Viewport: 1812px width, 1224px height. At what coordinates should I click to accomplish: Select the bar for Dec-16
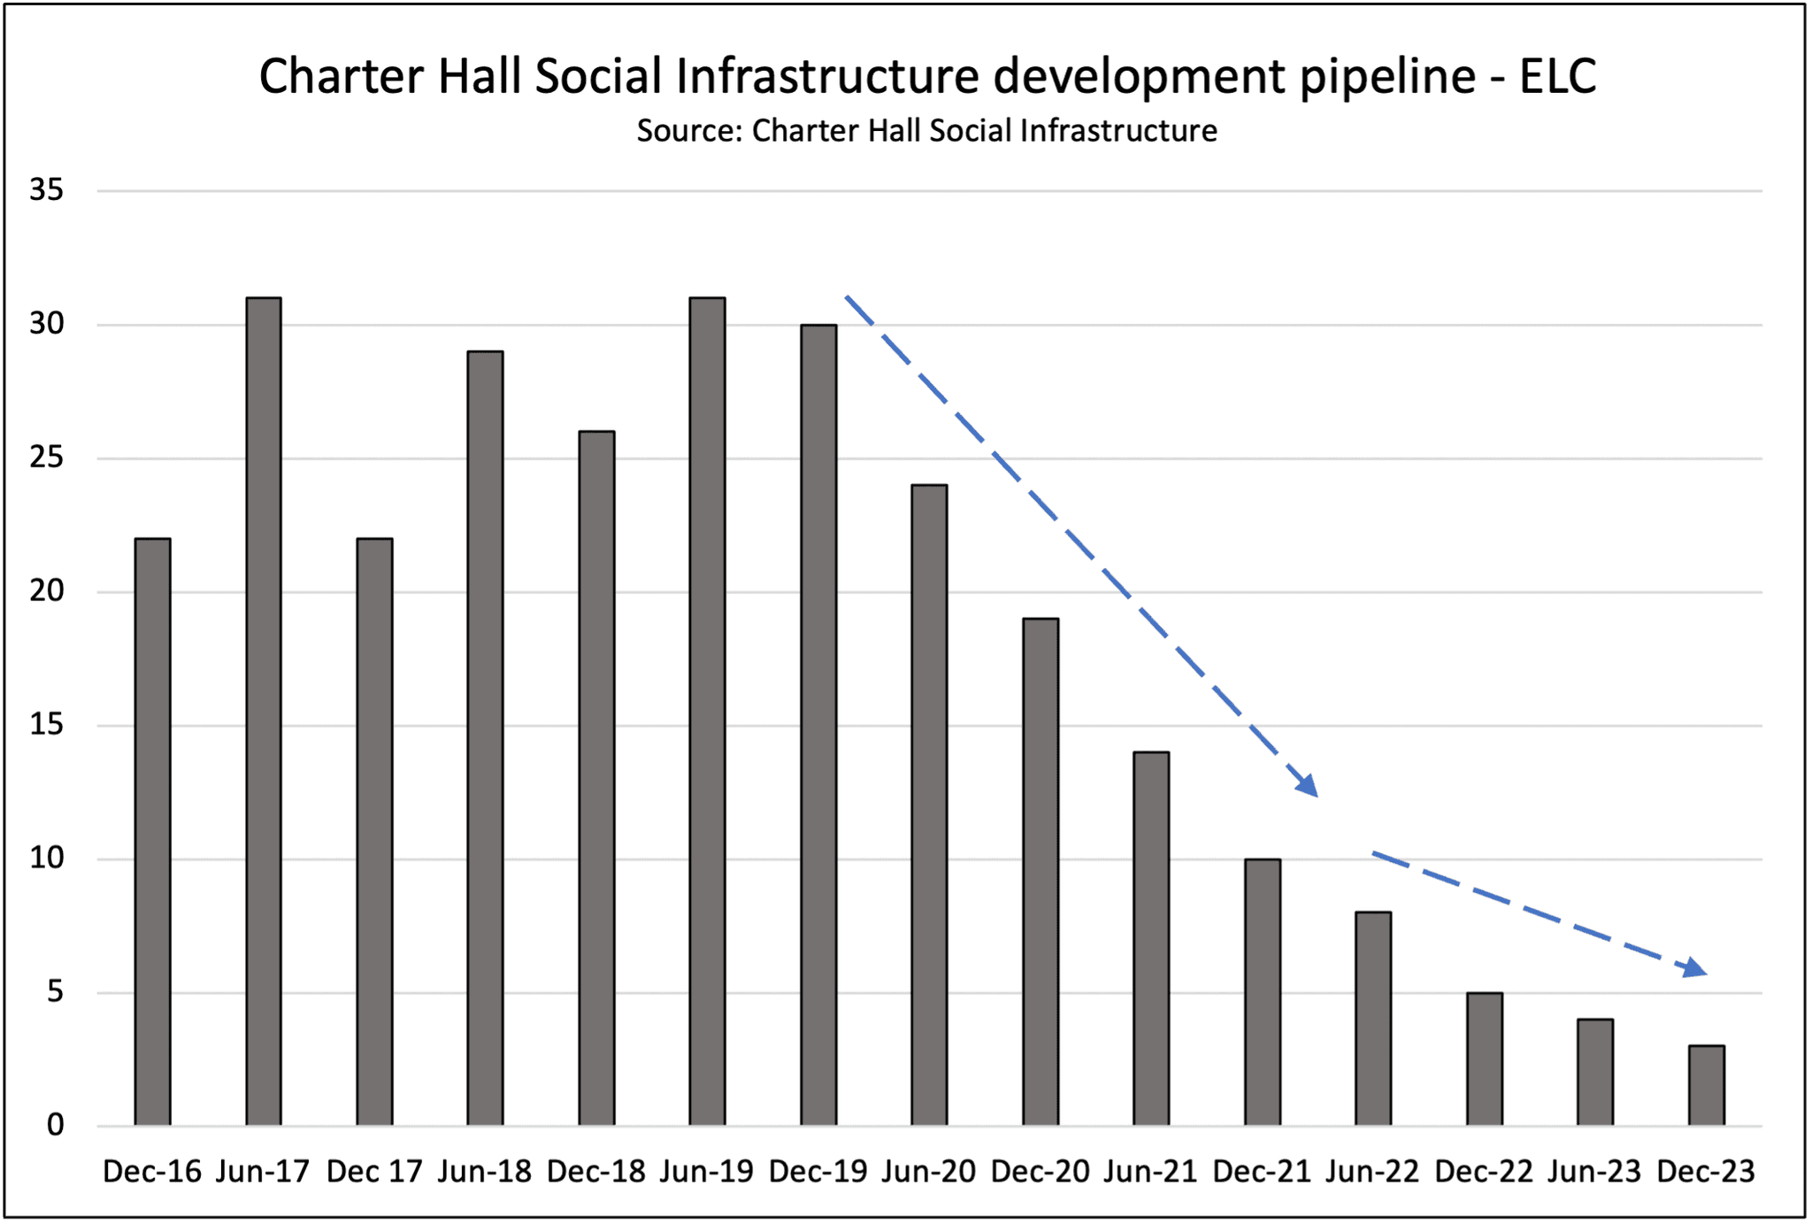coord(152,832)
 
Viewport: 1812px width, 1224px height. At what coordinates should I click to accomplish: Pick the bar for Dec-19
coord(818,725)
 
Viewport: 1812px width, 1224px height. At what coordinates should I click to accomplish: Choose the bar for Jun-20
coord(929,805)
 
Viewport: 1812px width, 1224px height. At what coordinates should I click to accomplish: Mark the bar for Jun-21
coord(1151,938)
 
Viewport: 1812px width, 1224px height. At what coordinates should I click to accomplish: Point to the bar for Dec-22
coord(1485,1058)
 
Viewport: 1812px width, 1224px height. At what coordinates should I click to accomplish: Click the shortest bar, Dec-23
coord(1707,1086)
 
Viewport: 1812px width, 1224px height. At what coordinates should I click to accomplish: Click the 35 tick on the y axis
coord(47,189)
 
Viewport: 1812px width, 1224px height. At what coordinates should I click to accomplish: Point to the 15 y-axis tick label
coord(47,725)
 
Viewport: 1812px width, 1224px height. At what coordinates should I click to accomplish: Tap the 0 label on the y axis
coord(56,1126)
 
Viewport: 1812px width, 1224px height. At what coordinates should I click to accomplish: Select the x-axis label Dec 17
coord(374,1172)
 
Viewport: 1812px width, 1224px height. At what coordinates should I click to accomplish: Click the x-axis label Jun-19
coord(707,1172)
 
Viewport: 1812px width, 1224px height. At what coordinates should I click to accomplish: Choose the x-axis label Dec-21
coord(1262,1172)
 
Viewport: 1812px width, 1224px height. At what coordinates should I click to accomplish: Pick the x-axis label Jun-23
coord(1594,1172)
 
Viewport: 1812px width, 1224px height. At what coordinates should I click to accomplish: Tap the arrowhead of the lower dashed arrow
coord(1694,968)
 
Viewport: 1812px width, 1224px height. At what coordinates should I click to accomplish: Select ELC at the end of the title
coord(1558,76)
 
